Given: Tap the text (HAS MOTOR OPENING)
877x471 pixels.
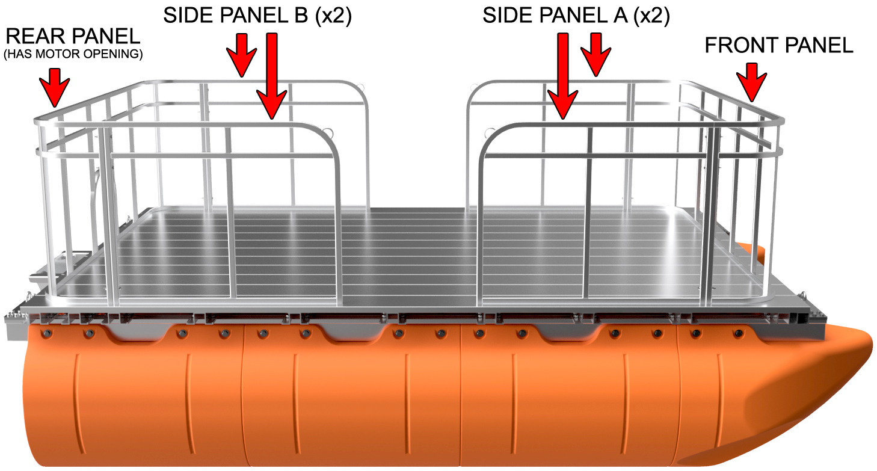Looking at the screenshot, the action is click(x=73, y=54).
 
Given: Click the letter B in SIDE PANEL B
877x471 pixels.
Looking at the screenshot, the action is click(x=301, y=15).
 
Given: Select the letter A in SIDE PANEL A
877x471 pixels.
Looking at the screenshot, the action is click(x=621, y=16).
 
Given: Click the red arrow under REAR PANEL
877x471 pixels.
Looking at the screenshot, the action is click(x=54, y=87).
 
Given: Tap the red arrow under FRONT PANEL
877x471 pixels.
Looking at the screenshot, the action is click(x=751, y=82).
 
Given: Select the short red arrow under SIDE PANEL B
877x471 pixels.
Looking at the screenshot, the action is click(x=242, y=55).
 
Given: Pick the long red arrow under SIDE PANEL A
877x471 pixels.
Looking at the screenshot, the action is click(x=562, y=76).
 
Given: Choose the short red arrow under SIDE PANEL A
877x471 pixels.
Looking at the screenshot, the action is click(x=595, y=54).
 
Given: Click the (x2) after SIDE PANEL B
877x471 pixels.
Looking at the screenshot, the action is click(x=333, y=16).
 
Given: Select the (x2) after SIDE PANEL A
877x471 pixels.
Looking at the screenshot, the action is click(x=651, y=16).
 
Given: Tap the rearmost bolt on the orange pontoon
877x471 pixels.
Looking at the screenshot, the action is click(x=48, y=334).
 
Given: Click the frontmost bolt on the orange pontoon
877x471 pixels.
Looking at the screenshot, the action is click(x=739, y=334).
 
